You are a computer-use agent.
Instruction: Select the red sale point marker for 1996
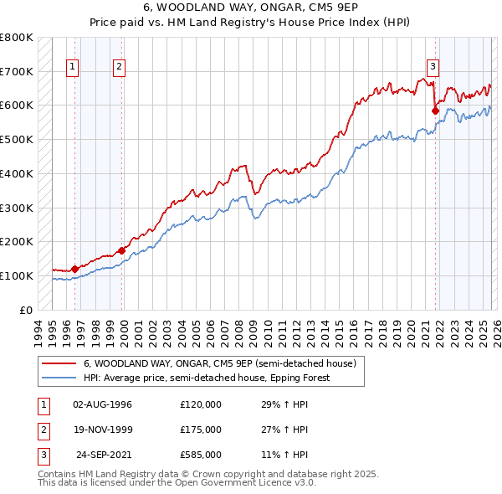(x=74, y=269)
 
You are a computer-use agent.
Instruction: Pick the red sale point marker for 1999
(x=122, y=250)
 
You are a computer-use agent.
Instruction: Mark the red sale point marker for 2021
(x=435, y=110)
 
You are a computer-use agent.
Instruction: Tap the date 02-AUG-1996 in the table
(x=103, y=404)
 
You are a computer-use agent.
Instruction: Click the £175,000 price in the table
(x=200, y=430)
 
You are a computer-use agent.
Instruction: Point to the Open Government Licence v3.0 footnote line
(x=177, y=483)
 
